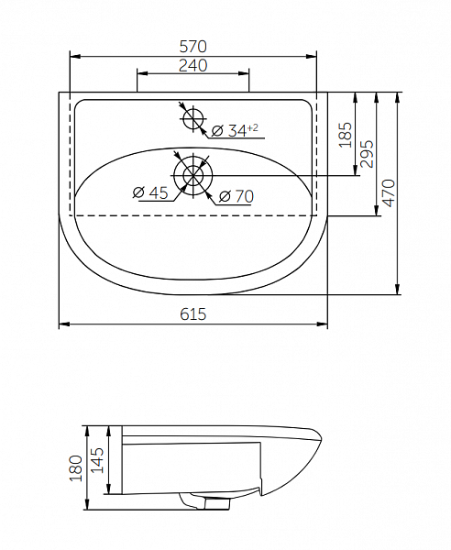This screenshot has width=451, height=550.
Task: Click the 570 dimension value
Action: (x=192, y=47)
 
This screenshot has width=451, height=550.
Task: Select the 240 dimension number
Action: (x=192, y=65)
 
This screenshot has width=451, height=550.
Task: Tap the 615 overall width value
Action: (x=192, y=313)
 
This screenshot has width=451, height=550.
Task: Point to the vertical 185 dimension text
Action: (x=346, y=135)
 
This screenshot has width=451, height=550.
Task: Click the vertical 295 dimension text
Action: (x=367, y=154)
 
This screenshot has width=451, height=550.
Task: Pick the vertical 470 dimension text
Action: (x=389, y=192)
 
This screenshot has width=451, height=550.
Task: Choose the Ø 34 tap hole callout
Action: (x=235, y=130)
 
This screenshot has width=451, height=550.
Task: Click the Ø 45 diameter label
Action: (x=151, y=192)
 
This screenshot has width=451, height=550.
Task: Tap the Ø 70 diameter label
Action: (x=236, y=196)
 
